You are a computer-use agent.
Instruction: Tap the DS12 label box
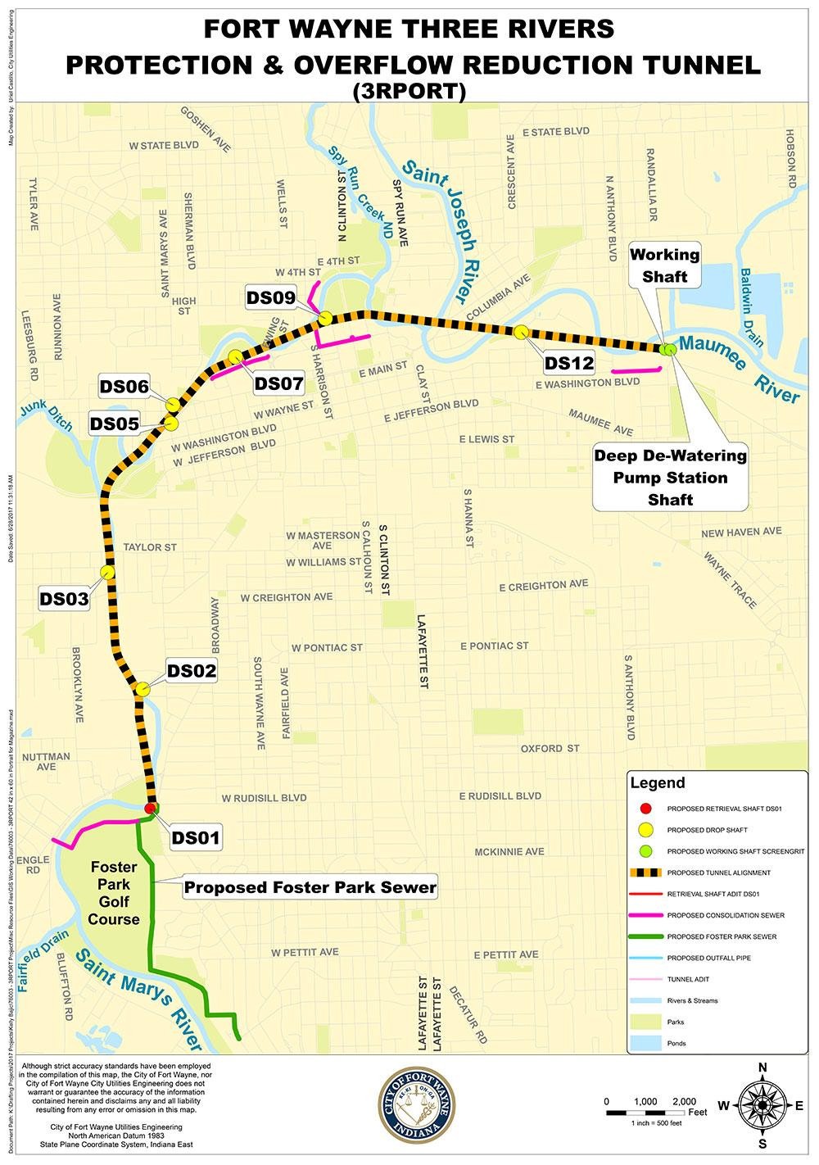pos(568,363)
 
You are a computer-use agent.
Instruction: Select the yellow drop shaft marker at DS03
pos(106,572)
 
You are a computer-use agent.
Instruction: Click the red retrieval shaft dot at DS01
pos(152,809)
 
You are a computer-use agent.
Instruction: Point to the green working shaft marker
pos(669,348)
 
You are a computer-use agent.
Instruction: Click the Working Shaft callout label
pos(664,265)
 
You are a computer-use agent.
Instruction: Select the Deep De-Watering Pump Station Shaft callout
pos(670,477)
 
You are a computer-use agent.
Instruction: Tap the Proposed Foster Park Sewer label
pos(310,886)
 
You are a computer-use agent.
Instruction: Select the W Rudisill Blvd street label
pos(265,797)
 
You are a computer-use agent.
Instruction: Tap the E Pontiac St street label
pos(494,646)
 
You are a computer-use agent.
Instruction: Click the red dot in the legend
pos(645,809)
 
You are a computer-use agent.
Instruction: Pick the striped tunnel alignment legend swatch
pos(645,873)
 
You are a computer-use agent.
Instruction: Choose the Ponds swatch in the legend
pos(645,1043)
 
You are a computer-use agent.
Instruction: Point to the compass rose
pos(762,1105)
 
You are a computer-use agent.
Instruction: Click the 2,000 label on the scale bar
pos(684,1101)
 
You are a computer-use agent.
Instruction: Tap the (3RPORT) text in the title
pos(409,92)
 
